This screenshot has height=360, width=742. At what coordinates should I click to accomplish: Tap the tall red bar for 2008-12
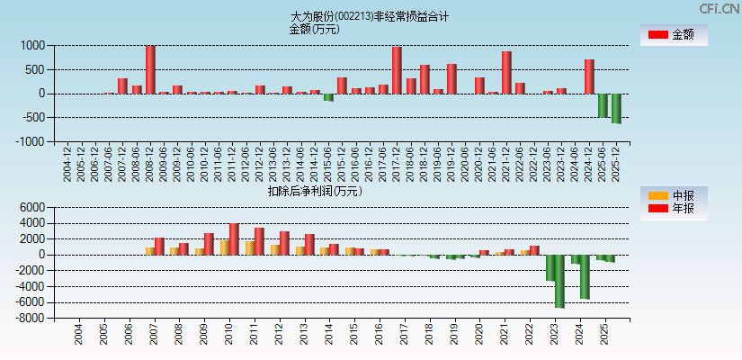pos(150,70)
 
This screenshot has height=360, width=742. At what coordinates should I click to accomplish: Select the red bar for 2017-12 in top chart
pos(397,70)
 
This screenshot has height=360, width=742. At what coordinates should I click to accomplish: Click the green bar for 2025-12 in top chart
pos(616,108)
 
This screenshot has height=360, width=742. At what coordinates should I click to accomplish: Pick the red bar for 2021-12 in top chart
pos(506,73)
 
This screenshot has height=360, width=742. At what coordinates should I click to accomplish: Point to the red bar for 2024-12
pos(589,76)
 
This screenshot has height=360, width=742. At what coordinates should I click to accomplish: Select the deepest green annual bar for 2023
pos(559,281)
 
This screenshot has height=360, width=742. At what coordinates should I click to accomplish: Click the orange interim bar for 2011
pos(249,247)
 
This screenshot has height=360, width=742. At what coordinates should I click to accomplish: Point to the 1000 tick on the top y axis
pos(33,45)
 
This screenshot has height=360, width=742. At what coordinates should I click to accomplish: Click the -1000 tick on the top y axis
pos(31,141)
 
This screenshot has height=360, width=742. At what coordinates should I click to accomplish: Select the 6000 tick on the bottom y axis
pos(31,207)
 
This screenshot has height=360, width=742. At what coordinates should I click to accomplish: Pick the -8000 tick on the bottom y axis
pos(30,319)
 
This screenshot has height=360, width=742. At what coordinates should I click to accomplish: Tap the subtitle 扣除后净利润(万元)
pos(314,191)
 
